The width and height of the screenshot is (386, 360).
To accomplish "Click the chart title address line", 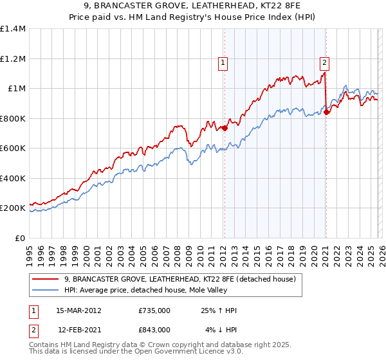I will [x=193, y=6].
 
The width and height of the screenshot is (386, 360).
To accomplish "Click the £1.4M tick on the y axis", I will [x=13, y=29].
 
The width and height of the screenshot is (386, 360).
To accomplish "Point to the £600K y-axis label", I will [x=13, y=148].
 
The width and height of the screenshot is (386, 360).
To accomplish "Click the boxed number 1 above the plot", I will [x=223, y=62].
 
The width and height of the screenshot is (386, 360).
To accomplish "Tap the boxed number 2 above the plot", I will [x=324, y=62].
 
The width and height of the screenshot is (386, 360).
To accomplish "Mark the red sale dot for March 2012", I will [x=225, y=128].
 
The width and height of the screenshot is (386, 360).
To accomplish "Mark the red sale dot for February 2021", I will [x=326, y=112].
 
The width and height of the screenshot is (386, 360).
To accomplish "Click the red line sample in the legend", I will [x=45, y=280].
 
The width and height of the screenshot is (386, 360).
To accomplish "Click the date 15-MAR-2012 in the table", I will [x=78, y=310].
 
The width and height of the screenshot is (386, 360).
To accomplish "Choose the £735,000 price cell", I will [x=154, y=310].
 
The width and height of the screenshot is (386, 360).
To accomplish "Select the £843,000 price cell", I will [x=154, y=330].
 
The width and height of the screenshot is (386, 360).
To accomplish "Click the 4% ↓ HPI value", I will [x=221, y=330].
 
